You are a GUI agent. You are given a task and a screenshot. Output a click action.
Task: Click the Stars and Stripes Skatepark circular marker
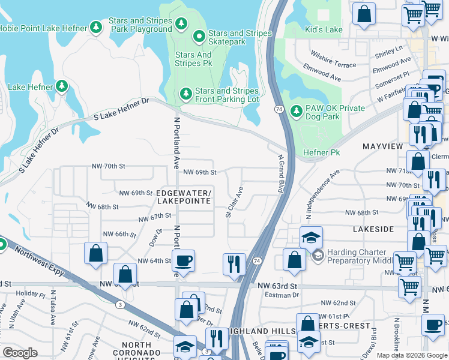(x=199, y=38)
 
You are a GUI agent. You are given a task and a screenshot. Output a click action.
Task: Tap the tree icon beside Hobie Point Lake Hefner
(x=95, y=28)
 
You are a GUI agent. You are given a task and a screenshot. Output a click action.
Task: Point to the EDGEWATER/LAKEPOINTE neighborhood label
(x=183, y=197)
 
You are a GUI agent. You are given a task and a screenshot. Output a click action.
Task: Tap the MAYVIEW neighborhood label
(x=381, y=146)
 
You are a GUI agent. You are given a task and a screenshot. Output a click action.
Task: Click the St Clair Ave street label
(x=235, y=202)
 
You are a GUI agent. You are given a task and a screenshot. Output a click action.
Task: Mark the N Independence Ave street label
(x=318, y=193)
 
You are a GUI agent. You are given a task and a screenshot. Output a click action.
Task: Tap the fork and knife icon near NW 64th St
(x=234, y=263)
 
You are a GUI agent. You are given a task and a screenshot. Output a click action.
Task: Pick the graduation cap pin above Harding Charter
(x=311, y=238)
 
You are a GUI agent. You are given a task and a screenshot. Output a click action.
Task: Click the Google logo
(x=20, y=353)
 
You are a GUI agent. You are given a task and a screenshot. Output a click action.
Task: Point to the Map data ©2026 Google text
(x=411, y=355)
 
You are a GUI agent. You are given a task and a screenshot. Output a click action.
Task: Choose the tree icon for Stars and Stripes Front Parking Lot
(x=186, y=95)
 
